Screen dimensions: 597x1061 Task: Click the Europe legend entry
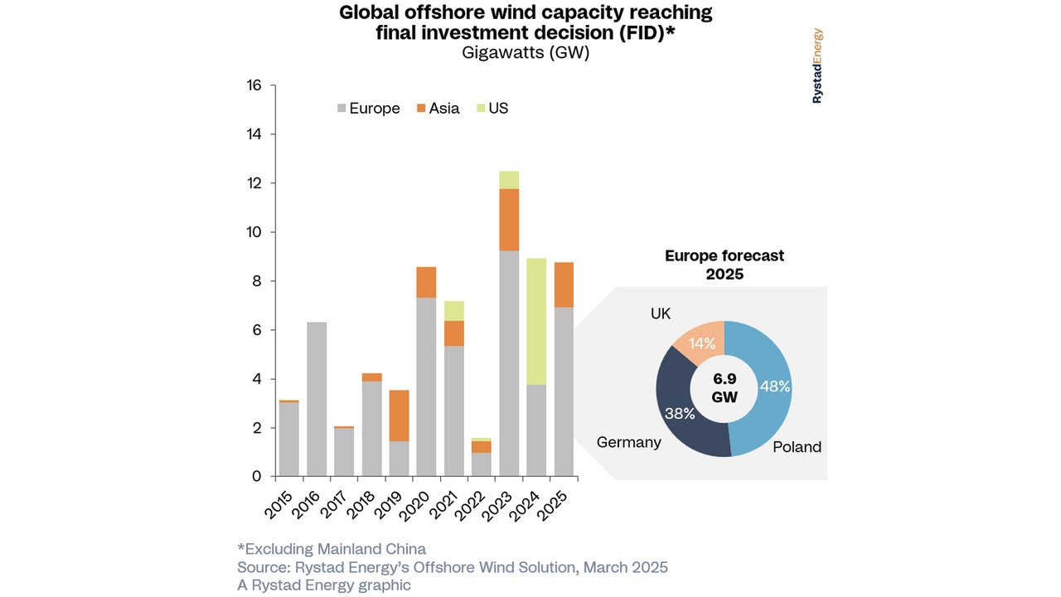(x=368, y=109)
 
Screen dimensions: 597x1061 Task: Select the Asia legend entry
(x=437, y=109)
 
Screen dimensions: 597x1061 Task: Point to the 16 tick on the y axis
(x=253, y=85)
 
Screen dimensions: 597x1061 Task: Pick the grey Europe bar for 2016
(x=317, y=399)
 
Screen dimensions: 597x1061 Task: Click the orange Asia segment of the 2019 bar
(x=400, y=415)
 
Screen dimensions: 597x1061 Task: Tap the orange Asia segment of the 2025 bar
(x=564, y=284)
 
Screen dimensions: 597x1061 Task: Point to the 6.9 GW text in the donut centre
(x=724, y=388)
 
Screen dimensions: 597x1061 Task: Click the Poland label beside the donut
(x=797, y=447)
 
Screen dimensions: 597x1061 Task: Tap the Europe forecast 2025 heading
(x=724, y=265)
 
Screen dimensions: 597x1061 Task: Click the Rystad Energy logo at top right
(x=817, y=66)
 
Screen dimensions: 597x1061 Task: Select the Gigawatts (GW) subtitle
(x=525, y=52)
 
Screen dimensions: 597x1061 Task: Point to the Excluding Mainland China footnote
(x=331, y=549)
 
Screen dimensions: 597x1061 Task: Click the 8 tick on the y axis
(x=256, y=281)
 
